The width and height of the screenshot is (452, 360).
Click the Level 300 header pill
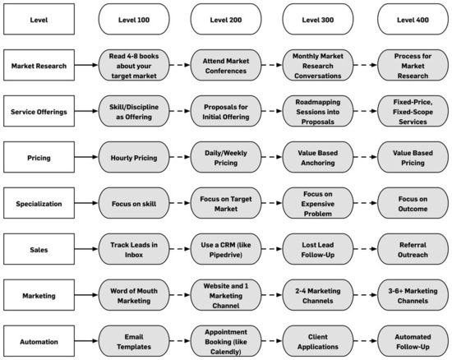318,19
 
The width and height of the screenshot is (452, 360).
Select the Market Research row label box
39,65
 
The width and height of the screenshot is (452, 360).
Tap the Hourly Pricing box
134,157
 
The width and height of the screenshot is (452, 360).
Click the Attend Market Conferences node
226,65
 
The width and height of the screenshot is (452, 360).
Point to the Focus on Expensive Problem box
318,203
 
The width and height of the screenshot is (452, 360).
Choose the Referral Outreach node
413,249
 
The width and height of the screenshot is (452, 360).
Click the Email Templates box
134,341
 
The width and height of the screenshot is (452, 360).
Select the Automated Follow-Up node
413,341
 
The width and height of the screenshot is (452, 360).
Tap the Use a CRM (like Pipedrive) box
226,249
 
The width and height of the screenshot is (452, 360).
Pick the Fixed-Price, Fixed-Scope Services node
413,111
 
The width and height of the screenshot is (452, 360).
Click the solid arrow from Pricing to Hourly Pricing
86,157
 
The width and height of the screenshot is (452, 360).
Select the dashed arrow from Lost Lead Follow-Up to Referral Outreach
366,249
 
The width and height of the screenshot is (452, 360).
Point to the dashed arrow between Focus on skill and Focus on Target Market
180,203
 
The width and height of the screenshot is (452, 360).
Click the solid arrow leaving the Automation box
86,341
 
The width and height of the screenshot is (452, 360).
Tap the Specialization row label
39,203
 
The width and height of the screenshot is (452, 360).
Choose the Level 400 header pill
413,19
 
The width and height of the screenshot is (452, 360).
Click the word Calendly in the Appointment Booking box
225,352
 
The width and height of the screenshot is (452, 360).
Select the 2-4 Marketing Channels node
318,295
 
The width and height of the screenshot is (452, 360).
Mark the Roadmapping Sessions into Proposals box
318,111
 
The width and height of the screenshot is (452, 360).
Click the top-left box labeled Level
39,19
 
